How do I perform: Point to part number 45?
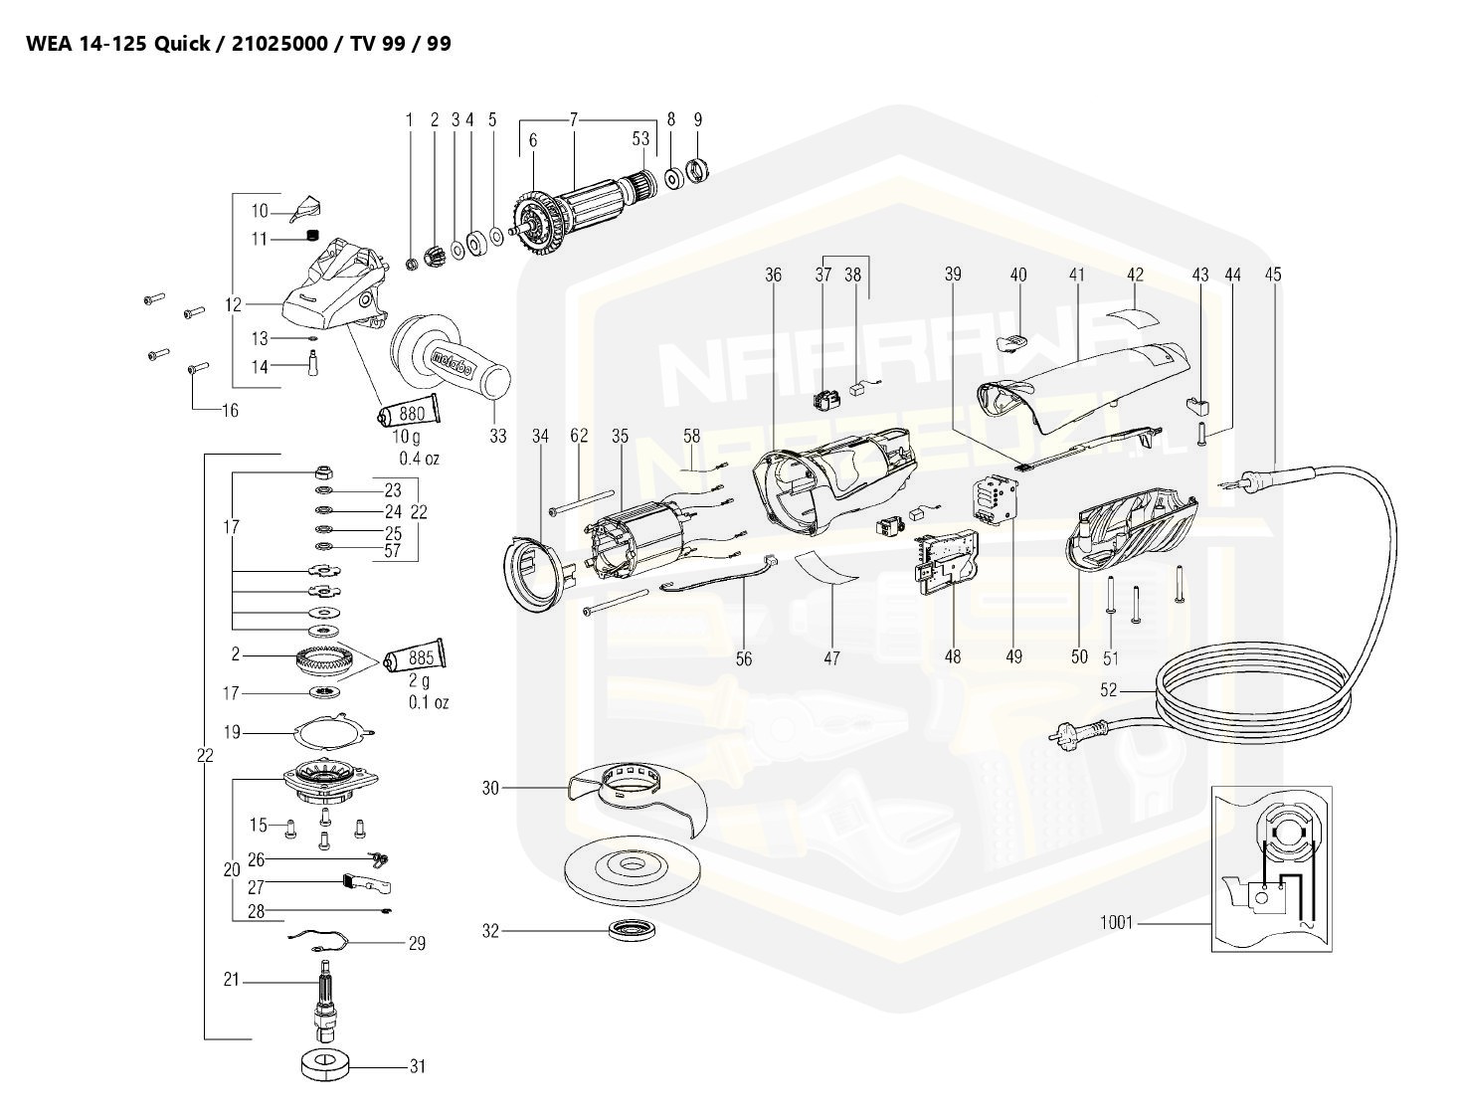coord(1273,275)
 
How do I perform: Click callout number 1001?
coord(1116,922)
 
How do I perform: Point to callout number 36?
coord(774,275)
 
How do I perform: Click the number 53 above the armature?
coord(640,138)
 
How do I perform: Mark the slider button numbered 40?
coord(1015,341)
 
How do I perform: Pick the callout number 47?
coord(831,657)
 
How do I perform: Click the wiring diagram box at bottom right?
coord(1270,866)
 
